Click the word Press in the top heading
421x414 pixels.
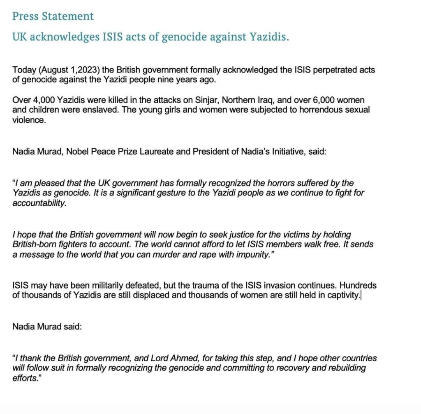pos(25,16)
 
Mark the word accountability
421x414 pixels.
pos(39,203)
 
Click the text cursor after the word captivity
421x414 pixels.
pos(361,295)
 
